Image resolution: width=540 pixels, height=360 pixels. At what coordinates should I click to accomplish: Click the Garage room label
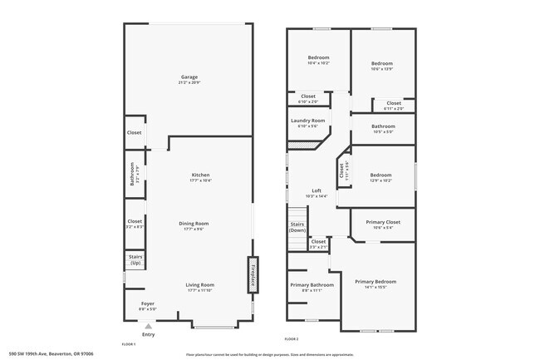click(189, 77)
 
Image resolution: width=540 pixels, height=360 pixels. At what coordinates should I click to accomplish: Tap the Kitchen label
click(200, 175)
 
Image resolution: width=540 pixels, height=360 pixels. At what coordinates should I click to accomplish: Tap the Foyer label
click(147, 303)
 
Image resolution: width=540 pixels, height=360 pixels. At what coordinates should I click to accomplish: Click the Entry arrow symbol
click(148, 327)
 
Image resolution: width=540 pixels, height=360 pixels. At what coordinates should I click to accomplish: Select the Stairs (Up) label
click(135, 260)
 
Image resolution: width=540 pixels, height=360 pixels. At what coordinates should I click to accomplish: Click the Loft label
click(317, 191)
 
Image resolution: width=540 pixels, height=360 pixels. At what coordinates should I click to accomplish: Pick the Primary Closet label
click(382, 222)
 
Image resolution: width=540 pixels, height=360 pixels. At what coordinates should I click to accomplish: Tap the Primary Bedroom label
click(376, 282)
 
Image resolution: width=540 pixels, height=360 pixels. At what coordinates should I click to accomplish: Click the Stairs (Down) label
click(297, 227)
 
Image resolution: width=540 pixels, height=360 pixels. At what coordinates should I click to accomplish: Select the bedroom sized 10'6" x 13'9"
click(382, 64)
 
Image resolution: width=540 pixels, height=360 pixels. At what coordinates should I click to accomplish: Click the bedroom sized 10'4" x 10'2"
click(319, 58)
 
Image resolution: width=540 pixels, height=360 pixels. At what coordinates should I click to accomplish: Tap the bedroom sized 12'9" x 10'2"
click(381, 175)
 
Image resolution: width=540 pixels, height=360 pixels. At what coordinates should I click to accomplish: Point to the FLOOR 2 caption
click(291, 339)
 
